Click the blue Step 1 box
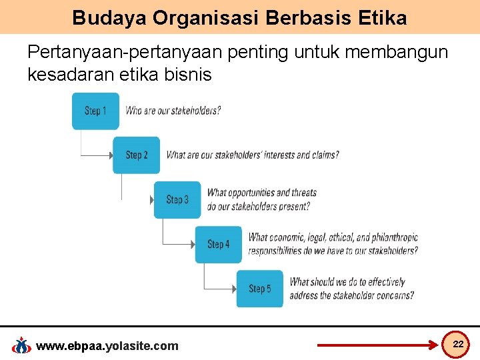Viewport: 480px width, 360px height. [x=95, y=111]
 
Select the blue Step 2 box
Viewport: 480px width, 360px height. [x=136, y=155]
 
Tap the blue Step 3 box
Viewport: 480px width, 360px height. [x=177, y=199]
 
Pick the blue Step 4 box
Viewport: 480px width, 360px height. [x=218, y=244]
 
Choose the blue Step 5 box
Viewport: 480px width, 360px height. [x=259, y=289]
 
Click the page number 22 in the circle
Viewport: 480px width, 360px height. [x=458, y=343]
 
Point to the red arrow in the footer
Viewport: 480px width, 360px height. [x=377, y=346]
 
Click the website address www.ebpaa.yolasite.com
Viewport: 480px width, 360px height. [x=107, y=345]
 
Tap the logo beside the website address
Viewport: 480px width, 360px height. [x=22, y=345]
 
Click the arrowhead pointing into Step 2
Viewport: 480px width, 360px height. [x=110, y=155]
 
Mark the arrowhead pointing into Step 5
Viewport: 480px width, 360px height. [x=233, y=289]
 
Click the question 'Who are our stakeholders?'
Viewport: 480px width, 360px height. [x=173, y=111]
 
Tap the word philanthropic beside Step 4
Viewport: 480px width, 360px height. [x=395, y=237]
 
